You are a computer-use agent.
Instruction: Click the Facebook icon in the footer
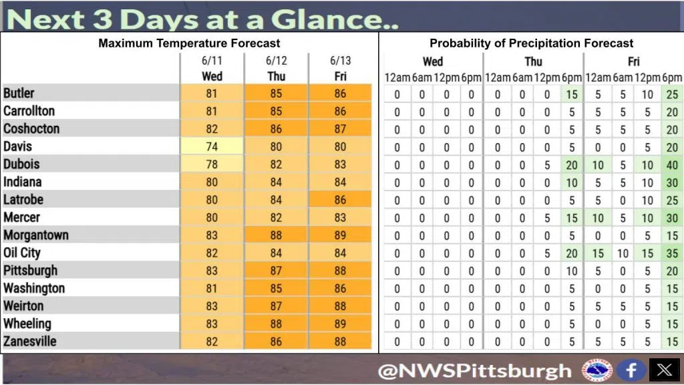[x=631, y=370]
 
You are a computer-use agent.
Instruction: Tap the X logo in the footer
[x=665, y=370]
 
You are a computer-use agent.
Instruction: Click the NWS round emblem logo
[x=596, y=370]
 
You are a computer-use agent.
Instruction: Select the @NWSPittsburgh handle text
[x=475, y=371]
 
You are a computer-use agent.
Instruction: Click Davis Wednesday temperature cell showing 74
[x=212, y=146]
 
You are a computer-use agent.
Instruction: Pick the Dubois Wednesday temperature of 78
[x=212, y=164]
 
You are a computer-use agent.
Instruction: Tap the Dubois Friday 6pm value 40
[x=672, y=165]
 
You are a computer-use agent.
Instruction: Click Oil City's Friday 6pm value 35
[x=672, y=253]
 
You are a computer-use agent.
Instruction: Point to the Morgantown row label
[x=36, y=235]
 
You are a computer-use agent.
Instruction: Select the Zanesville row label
[x=29, y=341]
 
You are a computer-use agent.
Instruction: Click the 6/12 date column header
[x=276, y=61]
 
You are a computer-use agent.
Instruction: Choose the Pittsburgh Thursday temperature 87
[x=276, y=270]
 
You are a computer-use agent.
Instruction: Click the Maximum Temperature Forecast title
[x=189, y=43]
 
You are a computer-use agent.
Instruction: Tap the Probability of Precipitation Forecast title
[x=531, y=43]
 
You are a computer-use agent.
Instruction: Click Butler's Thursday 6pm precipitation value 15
[x=572, y=94]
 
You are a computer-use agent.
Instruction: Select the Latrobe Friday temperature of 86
[x=340, y=199]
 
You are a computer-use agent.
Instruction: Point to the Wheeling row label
[x=27, y=324]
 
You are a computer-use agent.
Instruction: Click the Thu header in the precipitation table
[x=533, y=61]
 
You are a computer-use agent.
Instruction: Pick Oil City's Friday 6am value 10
[x=623, y=253]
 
